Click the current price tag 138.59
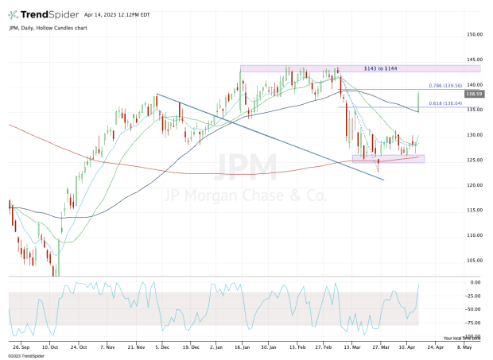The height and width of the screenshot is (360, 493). point(474,94)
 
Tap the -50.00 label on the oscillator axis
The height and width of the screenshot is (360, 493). point(474,308)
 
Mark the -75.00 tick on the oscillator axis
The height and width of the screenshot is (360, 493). point(474,323)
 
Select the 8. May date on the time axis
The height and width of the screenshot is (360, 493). point(463,347)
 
